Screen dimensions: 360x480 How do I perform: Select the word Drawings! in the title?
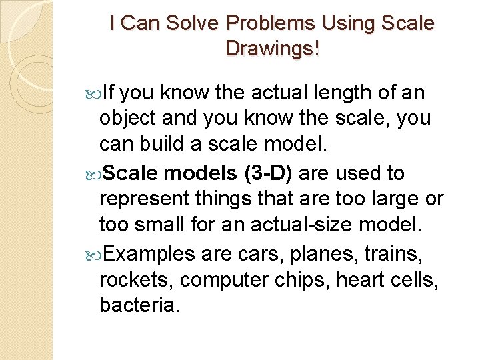click(x=272, y=49)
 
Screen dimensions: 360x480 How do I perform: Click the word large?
click(x=395, y=200)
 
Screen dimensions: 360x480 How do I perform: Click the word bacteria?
click(x=139, y=307)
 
